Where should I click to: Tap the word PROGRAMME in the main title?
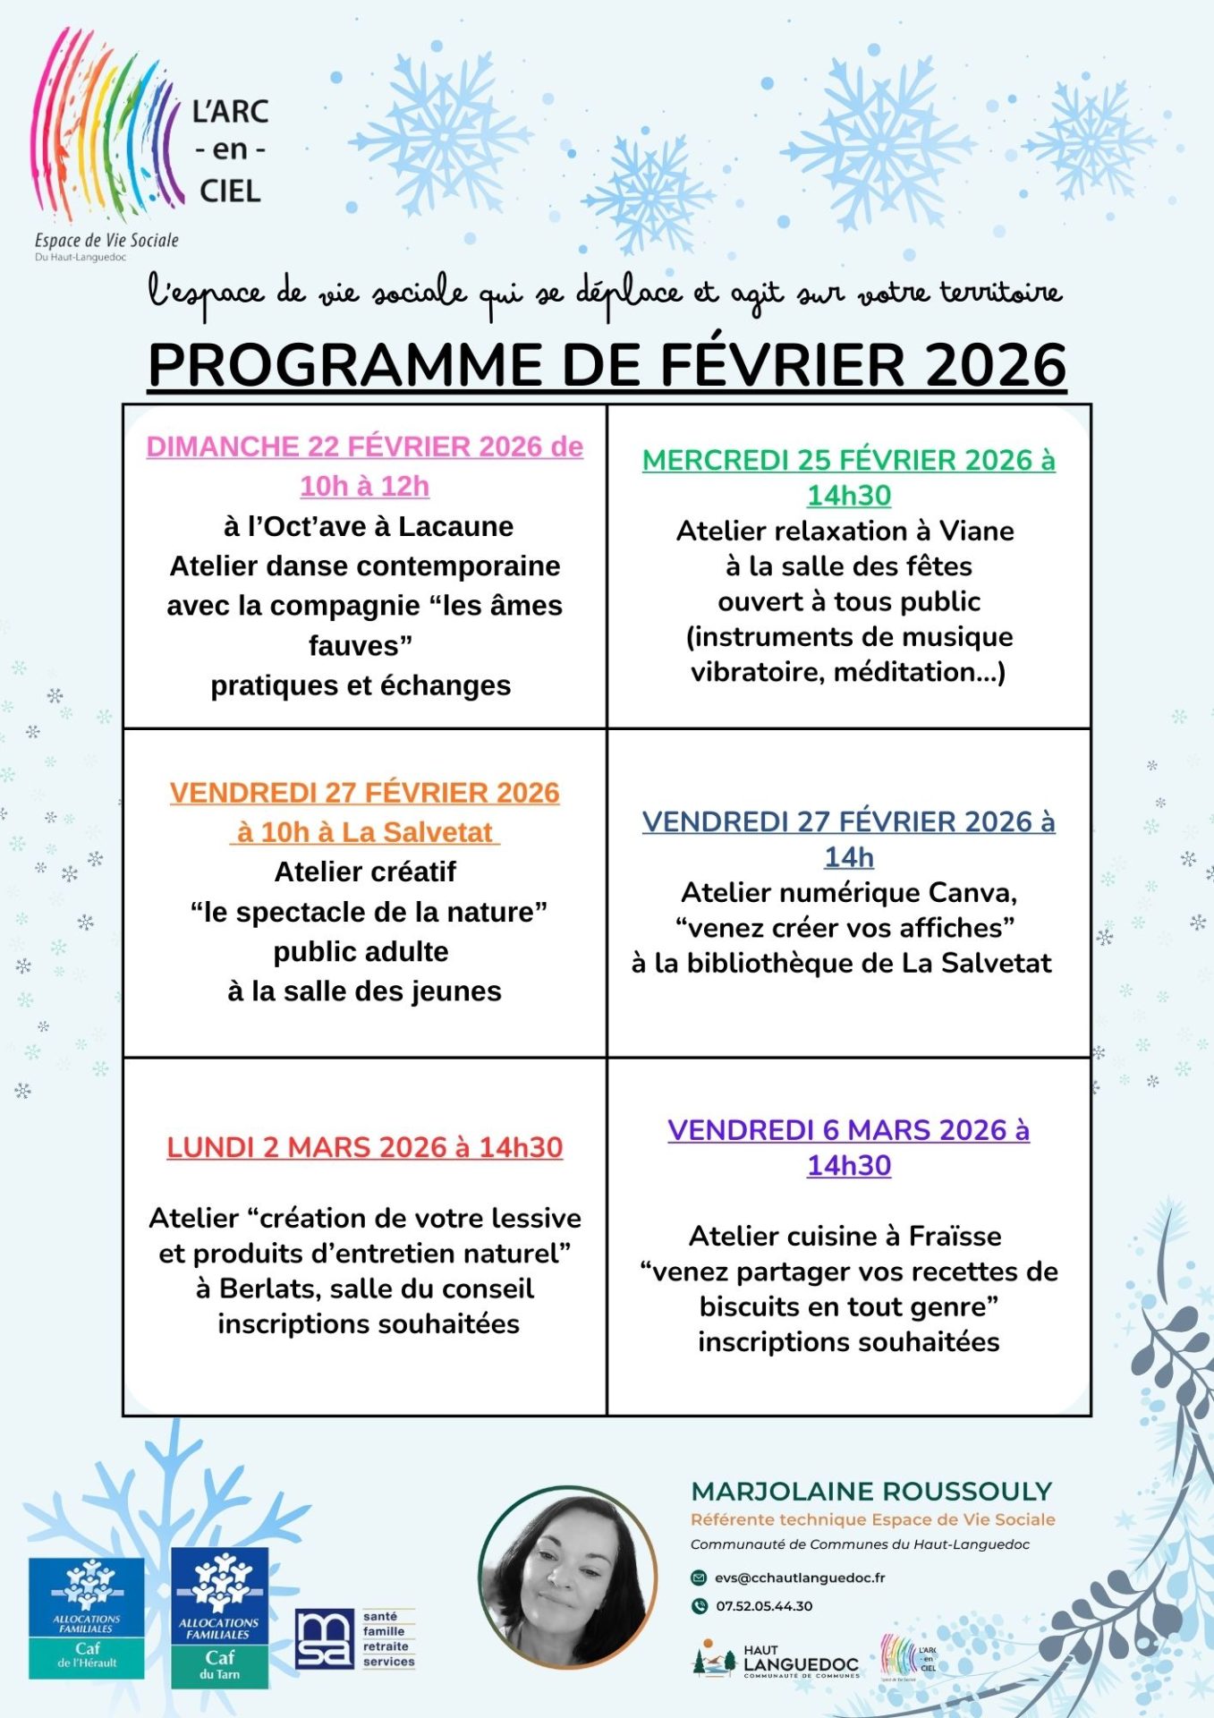point(344,365)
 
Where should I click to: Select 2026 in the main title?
point(995,365)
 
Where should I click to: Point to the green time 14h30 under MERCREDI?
point(849,496)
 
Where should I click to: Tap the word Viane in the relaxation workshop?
point(976,531)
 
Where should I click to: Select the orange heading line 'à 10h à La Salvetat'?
point(365,832)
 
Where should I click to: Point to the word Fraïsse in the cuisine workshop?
point(955,1236)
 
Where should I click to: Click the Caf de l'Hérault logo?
point(87,1618)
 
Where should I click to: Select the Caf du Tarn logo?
point(219,1618)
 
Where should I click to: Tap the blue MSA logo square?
point(324,1639)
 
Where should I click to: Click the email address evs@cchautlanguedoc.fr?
point(799,1578)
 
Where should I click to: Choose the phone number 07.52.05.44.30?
point(763,1606)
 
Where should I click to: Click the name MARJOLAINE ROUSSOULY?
point(871,1492)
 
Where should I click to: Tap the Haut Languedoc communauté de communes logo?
point(777,1662)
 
